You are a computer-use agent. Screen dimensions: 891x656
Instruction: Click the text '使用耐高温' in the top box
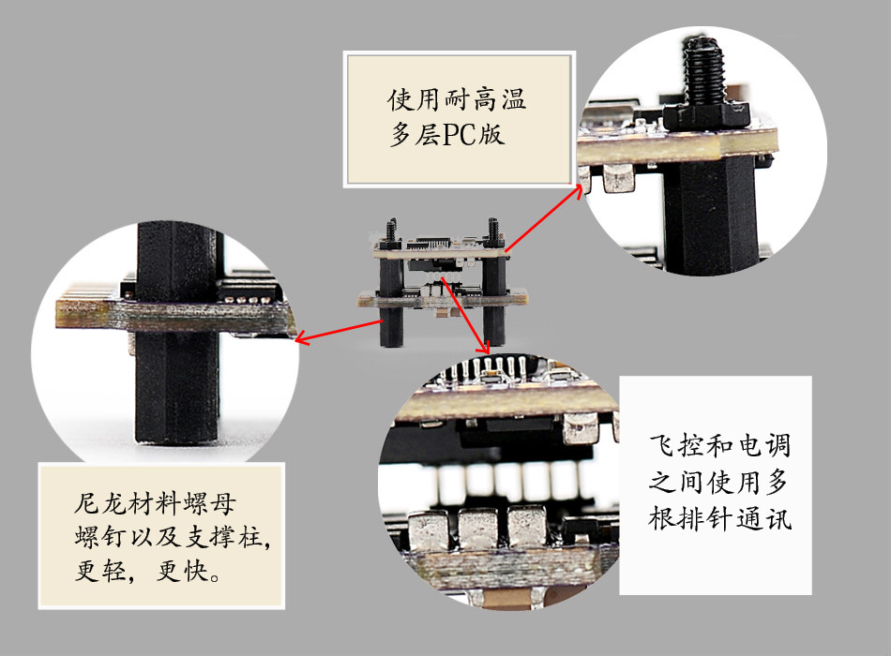(x=457, y=99)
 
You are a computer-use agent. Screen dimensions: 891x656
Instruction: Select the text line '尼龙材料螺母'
(x=155, y=502)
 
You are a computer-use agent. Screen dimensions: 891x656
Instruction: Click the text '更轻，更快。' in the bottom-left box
(x=148, y=570)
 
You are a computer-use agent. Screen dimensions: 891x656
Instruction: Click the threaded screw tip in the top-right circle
(x=702, y=70)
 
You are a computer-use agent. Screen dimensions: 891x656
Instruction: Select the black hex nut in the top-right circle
(x=707, y=117)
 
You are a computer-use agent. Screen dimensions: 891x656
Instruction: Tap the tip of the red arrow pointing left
(x=296, y=341)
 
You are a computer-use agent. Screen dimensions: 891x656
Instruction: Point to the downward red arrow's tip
(x=487, y=353)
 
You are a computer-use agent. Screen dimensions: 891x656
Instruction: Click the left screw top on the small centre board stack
(x=391, y=230)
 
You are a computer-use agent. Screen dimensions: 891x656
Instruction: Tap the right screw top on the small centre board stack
(x=492, y=230)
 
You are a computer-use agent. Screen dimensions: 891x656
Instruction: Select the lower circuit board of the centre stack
(x=443, y=299)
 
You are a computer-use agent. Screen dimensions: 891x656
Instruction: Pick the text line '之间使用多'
(x=718, y=482)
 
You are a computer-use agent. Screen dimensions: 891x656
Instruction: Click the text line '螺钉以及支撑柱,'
(x=173, y=537)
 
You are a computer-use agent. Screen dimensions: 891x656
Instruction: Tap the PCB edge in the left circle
(x=176, y=317)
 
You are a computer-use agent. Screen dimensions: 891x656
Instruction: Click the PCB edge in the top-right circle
(x=676, y=146)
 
